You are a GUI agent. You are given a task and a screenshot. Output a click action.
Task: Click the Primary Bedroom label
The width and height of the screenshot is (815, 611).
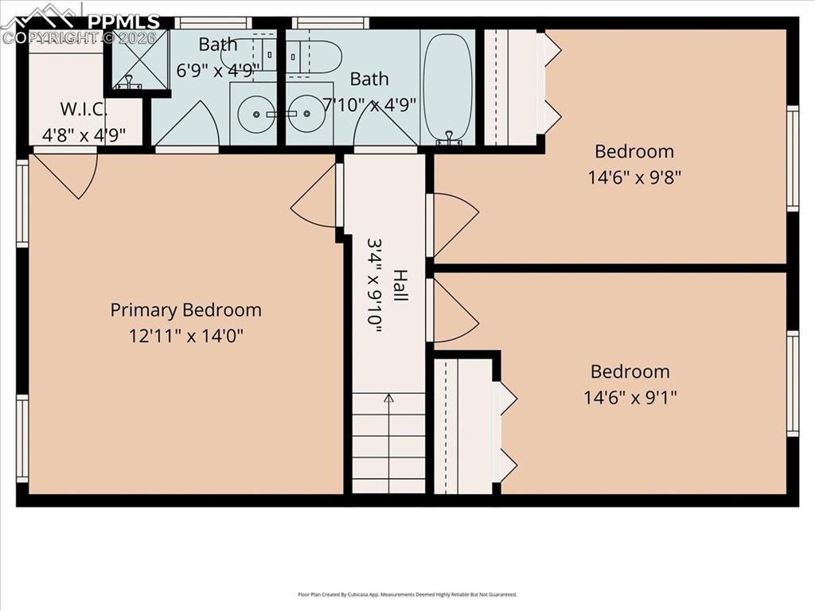point(185,309)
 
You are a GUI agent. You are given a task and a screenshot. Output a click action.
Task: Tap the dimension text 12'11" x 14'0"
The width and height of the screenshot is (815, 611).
point(185,336)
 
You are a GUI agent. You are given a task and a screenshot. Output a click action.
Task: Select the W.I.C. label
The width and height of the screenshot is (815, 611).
point(78,109)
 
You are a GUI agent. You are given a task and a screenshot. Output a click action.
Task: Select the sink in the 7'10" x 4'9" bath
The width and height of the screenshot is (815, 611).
point(306,114)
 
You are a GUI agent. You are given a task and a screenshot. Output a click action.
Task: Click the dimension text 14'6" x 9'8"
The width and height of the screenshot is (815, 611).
point(634,176)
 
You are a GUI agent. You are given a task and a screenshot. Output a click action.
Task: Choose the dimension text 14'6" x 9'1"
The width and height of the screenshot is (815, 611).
point(630,396)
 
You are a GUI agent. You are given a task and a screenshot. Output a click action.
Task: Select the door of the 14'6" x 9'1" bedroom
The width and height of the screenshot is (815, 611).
point(452,310)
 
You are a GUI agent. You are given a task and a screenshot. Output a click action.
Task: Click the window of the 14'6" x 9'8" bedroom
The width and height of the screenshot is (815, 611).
point(792,158)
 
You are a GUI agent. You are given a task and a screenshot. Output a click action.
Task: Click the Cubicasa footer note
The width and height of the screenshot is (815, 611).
point(407,594)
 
